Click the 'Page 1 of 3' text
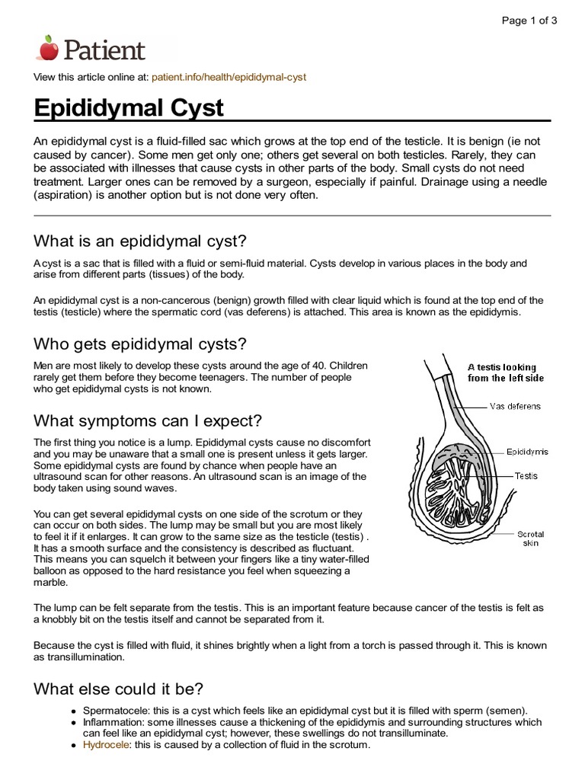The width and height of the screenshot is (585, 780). tap(529, 21)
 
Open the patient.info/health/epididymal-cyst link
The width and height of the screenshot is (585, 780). tap(229, 78)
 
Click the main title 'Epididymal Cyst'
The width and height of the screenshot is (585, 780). tap(129, 107)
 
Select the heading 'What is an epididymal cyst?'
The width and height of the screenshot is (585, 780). tap(140, 241)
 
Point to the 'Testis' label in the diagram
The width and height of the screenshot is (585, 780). tap(526, 476)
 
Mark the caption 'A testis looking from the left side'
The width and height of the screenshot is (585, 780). tap(502, 372)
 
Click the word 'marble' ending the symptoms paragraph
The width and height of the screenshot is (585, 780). tap(51, 583)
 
